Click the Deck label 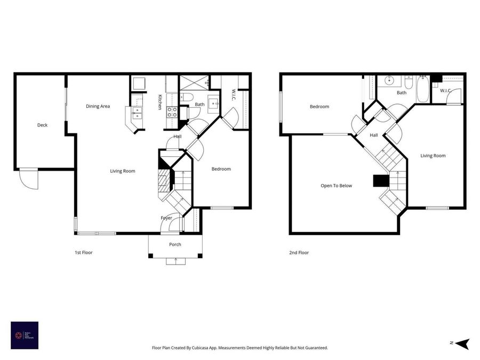(42, 125)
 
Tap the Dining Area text (98, 106)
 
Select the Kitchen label (159, 102)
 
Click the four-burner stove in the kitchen (173, 111)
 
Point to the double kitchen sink (137, 112)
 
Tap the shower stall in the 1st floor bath (193, 83)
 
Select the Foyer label (166, 218)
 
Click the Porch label (175, 244)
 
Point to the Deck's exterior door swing (29, 179)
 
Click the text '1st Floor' (83, 252)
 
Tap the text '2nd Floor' (299, 252)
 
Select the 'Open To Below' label (336, 186)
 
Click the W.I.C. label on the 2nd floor (446, 91)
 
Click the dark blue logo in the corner (25, 335)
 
